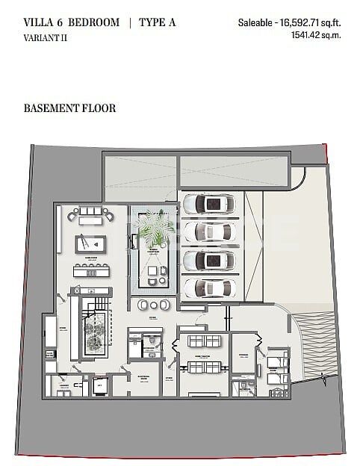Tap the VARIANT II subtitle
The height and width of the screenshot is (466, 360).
(44, 37)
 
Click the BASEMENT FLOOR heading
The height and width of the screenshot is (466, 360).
(70, 108)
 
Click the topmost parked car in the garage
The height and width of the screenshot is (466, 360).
(210, 203)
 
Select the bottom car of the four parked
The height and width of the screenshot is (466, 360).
(210, 288)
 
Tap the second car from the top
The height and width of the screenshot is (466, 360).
(210, 230)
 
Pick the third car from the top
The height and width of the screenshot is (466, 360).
(210, 260)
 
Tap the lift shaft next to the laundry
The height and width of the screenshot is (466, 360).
(99, 386)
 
